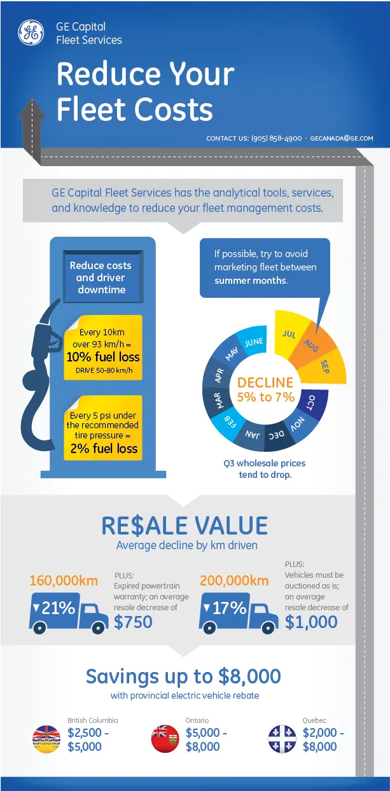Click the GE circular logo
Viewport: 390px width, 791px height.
click(31, 32)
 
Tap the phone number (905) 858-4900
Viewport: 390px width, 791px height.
click(276, 139)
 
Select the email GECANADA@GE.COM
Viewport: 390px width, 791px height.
click(341, 139)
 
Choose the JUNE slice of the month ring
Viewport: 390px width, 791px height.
click(253, 340)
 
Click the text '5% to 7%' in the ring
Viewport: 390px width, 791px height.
click(265, 397)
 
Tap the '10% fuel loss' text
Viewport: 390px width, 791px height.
click(103, 356)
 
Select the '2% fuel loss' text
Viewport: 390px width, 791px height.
click(104, 449)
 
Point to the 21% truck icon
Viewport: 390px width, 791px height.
click(69, 613)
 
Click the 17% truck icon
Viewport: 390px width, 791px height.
click(239, 613)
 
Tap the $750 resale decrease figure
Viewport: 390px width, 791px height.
click(133, 622)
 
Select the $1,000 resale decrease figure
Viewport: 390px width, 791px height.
click(311, 622)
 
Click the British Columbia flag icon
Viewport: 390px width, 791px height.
click(46, 739)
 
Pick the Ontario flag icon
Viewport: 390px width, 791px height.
click(165, 739)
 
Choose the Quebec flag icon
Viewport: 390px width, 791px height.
click(282, 739)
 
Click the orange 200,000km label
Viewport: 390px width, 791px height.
click(234, 580)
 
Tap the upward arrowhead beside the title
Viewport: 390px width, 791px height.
click(32, 108)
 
